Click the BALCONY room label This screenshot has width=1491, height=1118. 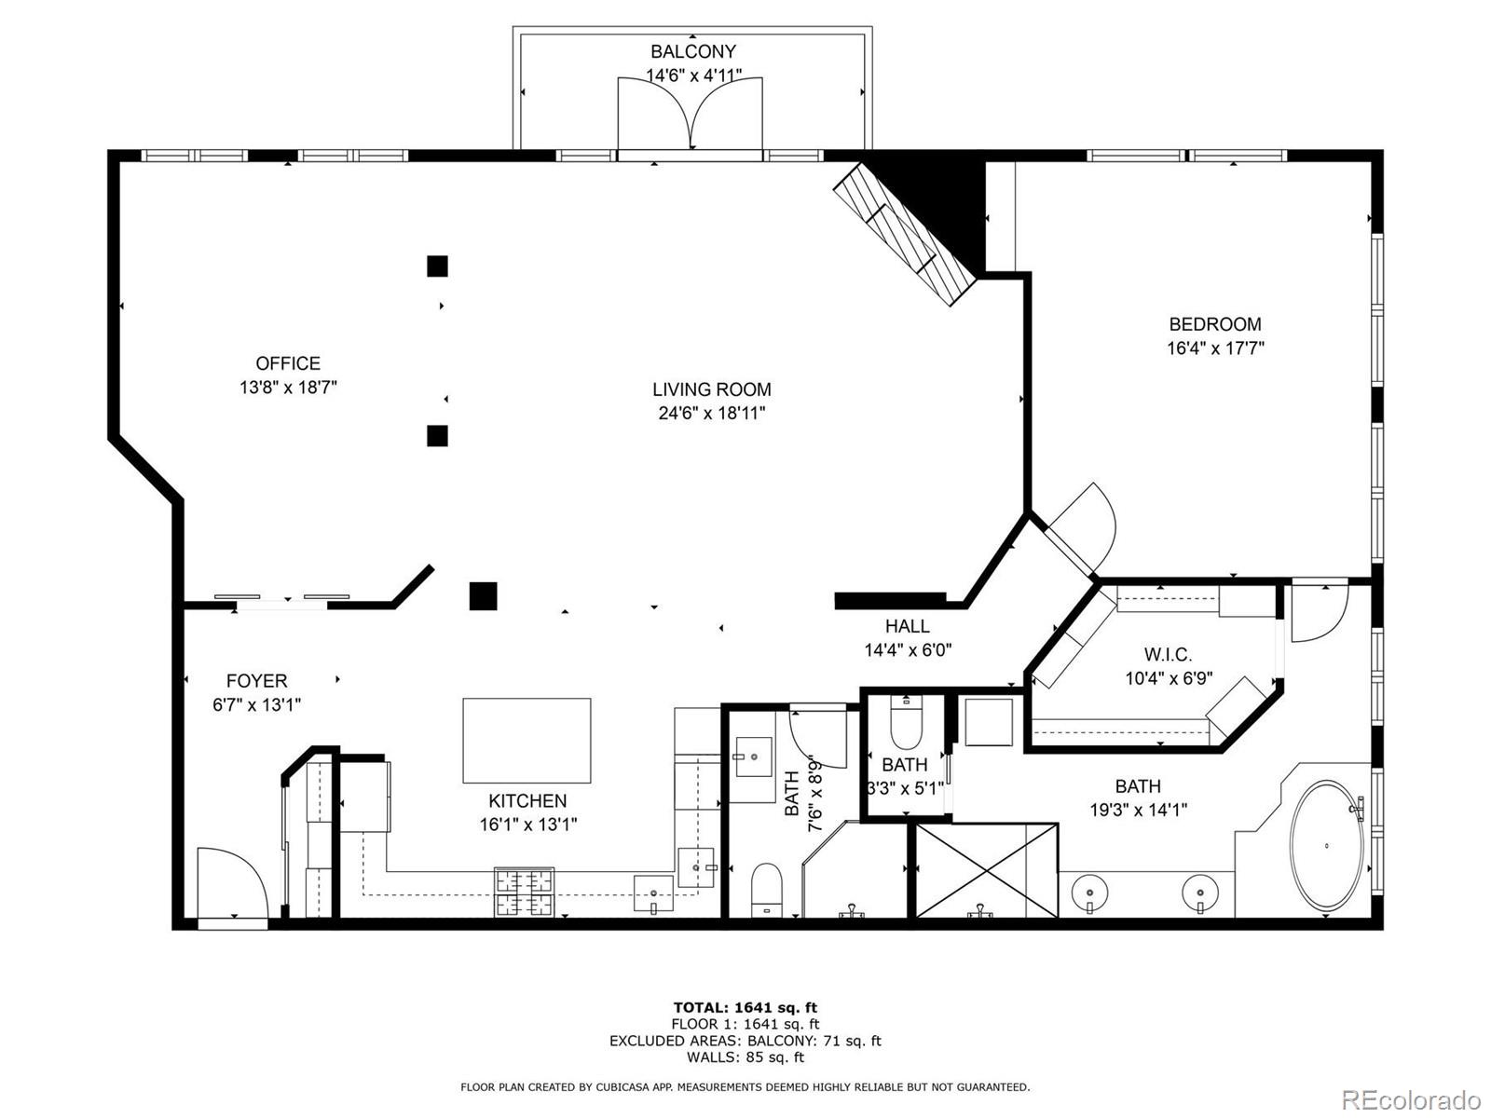pos(692,52)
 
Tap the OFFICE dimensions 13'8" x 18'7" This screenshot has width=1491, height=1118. pos(288,388)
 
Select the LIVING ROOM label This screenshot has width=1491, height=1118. pos(711,389)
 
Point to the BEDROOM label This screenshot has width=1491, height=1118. pos(1215,324)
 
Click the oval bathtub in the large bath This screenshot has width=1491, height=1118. pos(1327,845)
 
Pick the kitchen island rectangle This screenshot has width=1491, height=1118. pos(527,741)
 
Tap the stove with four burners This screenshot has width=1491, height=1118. pos(524,892)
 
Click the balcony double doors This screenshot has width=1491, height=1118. pos(691,114)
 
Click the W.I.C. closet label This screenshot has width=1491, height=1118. pos(1168,655)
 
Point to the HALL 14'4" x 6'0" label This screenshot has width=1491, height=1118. pos(908,638)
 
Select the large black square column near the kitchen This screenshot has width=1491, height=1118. pos(483,595)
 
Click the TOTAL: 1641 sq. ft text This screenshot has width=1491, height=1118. pos(745,1007)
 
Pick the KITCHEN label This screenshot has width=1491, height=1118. pos(527,800)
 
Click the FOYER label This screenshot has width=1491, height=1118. pos(256,681)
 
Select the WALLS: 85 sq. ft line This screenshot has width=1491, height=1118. pos(745,1057)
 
